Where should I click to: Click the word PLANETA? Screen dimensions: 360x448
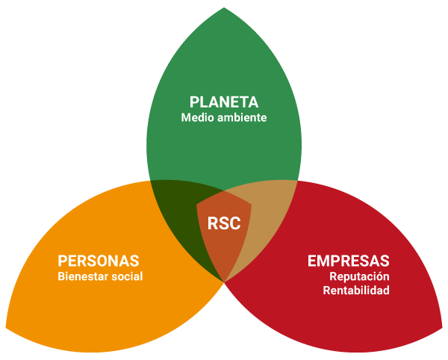coord(224,102)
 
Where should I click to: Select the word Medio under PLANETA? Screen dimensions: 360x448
coord(196,118)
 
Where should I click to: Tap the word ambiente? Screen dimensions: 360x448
coord(240,118)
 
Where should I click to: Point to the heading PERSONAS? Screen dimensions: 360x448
coord(98,261)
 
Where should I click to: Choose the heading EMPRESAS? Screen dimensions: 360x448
coord(348,261)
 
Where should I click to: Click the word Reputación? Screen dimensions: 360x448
coord(359,276)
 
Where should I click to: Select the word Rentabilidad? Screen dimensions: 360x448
coord(356,291)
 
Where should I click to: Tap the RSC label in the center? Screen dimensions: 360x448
coord(223,223)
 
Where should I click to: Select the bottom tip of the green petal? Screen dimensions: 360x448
coord(224,281)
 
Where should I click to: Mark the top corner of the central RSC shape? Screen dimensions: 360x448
coord(224,190)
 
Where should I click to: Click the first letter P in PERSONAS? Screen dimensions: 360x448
coord(63,261)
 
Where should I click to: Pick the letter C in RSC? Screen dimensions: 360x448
coord(234,223)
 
